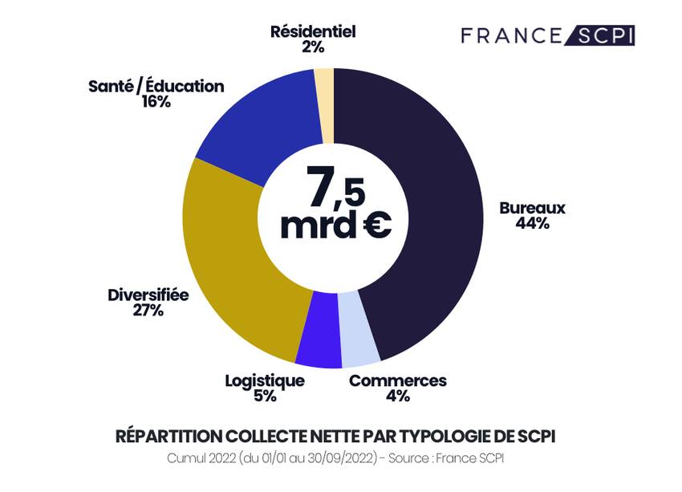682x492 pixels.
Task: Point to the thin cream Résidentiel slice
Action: tap(324, 100)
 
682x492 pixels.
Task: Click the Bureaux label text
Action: tap(532, 208)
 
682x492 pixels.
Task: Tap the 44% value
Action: tap(532, 224)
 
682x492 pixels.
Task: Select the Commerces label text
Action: tap(397, 380)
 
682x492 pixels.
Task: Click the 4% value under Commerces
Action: tap(397, 396)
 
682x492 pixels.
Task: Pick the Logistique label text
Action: tap(265, 380)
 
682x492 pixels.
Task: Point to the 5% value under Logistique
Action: tap(265, 396)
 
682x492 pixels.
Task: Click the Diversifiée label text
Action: tap(148, 295)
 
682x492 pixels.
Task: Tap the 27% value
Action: tap(148, 311)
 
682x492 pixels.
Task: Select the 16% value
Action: tap(156, 102)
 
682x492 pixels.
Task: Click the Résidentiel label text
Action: tap(313, 32)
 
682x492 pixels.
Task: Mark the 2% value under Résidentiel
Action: tap(313, 47)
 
